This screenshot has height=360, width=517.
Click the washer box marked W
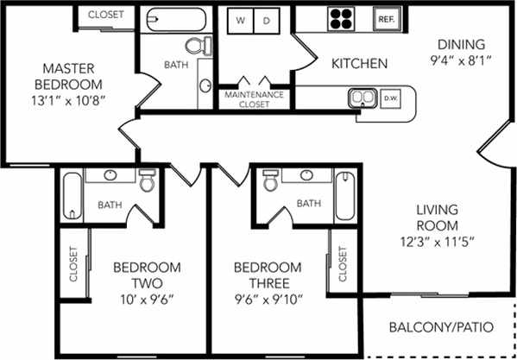pos(240,19)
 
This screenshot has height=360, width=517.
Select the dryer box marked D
pos(267,19)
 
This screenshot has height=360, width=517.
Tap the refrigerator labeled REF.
pos(385,18)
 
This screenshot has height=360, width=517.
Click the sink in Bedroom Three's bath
pos(305,175)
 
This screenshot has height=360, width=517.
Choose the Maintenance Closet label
pos(256,98)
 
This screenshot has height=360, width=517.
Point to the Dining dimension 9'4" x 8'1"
pos(462,60)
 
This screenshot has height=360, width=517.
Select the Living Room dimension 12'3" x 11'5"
pos(436,240)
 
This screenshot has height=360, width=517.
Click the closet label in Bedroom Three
pos(343,268)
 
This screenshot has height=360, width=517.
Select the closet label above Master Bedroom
pos(105,15)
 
